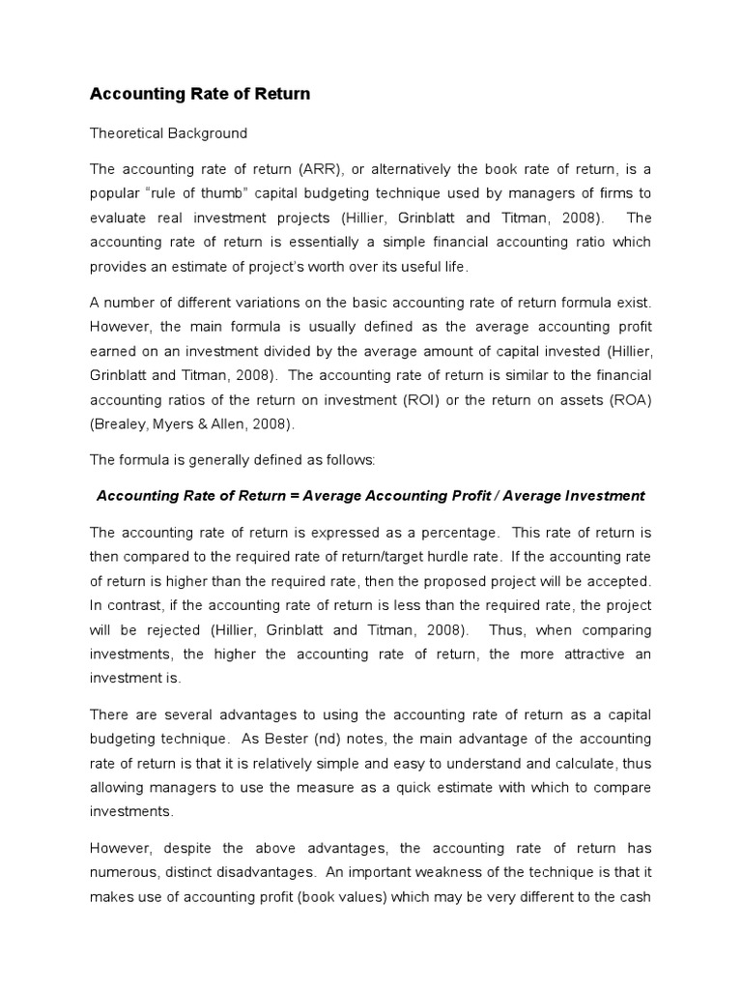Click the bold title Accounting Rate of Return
200,94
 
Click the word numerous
120,872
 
